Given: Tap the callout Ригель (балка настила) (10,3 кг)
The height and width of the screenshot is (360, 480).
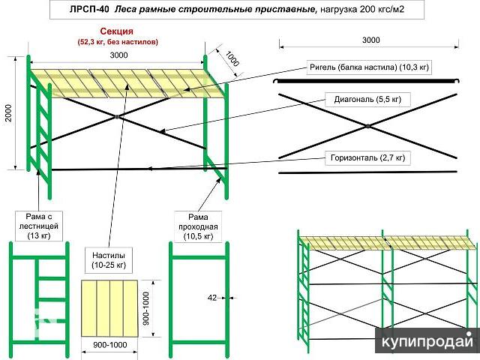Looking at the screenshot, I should coord(370,67).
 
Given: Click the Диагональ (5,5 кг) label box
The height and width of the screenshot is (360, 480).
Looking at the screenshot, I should coord(367,98).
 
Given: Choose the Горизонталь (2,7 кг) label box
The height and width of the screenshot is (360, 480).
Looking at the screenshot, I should coord(367,157).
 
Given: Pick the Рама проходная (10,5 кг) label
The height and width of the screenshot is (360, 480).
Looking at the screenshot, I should coord(198,226).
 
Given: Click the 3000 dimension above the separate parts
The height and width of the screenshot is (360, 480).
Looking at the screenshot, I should coord(370,40).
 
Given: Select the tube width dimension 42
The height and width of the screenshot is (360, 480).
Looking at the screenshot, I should coord(212,298).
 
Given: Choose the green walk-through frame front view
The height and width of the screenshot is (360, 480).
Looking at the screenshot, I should coord(197,296).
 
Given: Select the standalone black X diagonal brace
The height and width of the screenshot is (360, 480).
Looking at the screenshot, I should coord(367,125).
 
